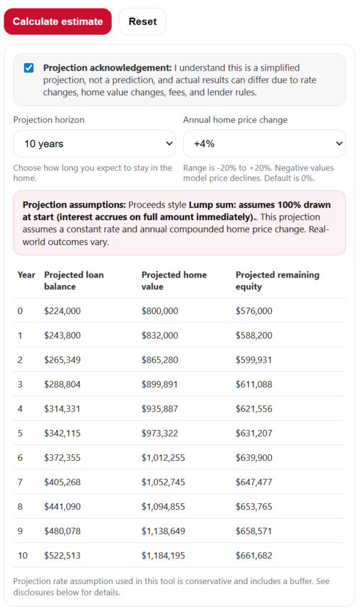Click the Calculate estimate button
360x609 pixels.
click(58, 21)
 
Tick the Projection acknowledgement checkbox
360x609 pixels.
click(29, 68)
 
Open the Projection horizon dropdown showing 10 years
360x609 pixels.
click(94, 144)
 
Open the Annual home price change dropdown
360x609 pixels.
click(264, 144)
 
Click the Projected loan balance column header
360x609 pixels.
click(74, 281)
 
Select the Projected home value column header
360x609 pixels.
click(174, 281)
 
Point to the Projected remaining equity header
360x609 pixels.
click(277, 281)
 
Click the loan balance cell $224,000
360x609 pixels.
click(62, 311)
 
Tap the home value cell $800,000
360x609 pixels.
click(159, 311)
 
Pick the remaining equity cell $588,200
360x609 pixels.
click(254, 335)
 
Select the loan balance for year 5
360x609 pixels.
click(62, 434)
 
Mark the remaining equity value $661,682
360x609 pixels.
click(254, 556)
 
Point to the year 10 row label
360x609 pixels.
click(23, 556)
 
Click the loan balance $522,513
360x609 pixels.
click(62, 556)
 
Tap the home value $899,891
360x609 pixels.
click(159, 385)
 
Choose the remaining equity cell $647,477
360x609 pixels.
click(254, 482)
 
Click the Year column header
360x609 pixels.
click(26, 275)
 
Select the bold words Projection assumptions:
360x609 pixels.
click(74, 205)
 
